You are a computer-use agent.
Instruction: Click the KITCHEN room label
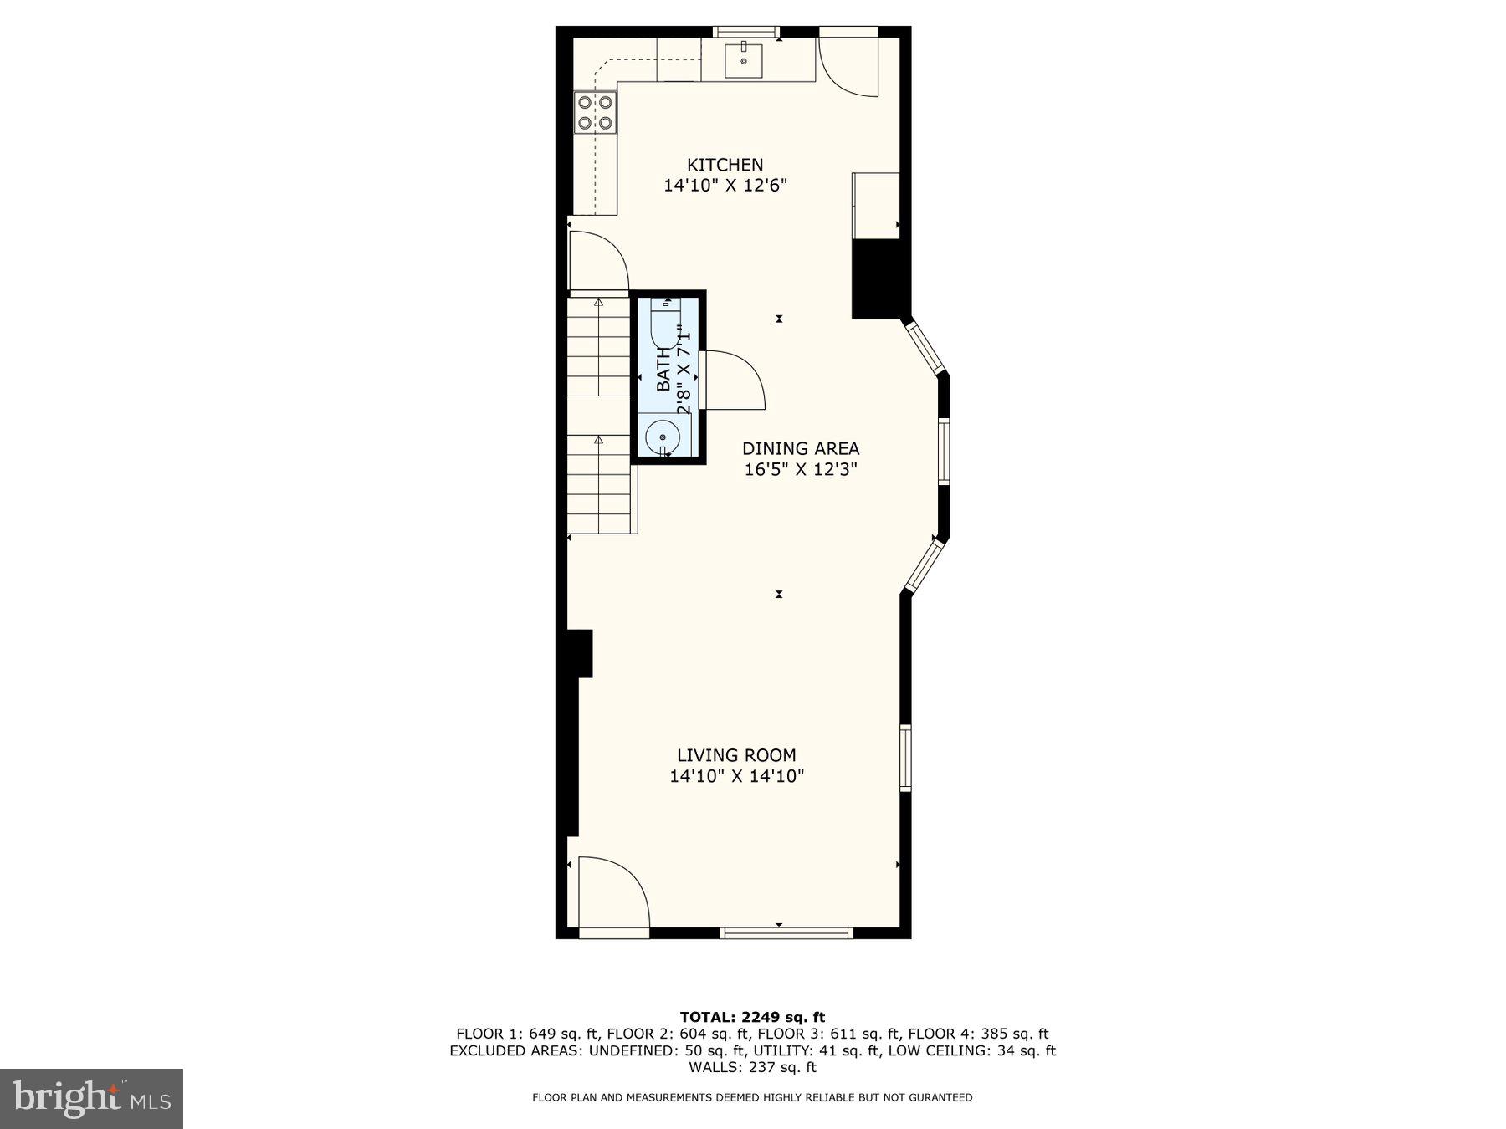coord(725,165)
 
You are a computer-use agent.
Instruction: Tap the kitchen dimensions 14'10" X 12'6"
coord(725,186)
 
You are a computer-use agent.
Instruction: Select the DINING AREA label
coord(801,449)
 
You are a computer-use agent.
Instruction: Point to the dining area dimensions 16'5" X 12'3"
coord(801,470)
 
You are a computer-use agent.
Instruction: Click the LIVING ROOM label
coord(736,755)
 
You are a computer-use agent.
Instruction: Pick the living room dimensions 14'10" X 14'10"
coord(736,776)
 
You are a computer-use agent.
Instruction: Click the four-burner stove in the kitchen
coord(596,113)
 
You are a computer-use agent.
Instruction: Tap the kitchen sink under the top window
coord(743,59)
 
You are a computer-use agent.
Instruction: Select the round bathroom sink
coord(663,437)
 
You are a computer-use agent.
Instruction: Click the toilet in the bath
coord(664,326)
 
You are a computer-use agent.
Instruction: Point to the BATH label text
coord(663,370)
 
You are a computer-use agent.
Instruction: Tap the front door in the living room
coord(613,892)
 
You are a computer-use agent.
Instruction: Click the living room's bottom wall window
coord(786,932)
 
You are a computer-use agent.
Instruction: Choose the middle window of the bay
coord(944,452)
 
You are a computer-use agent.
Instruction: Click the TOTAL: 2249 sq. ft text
coord(752,1017)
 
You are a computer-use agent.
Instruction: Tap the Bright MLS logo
coord(91,1098)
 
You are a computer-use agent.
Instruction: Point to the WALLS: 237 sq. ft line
coord(752,1067)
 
